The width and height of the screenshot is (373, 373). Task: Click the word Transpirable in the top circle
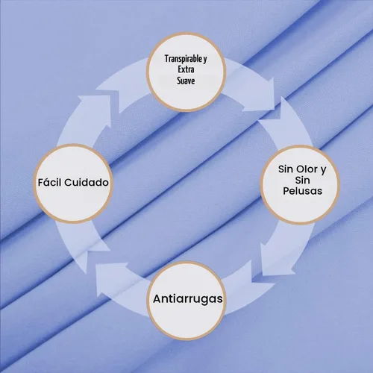point(184,59)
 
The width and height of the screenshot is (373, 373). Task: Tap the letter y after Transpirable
point(205,60)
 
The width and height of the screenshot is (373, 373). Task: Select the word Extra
point(186,69)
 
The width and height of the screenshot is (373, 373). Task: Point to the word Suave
point(186,81)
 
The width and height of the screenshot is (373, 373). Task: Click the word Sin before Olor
point(286,169)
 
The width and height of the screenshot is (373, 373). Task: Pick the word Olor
point(307,169)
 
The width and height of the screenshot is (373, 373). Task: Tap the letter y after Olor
point(323,170)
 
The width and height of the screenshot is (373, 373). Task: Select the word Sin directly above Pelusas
point(302,181)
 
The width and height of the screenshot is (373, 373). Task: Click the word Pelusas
point(303,191)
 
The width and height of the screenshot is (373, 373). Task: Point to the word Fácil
point(50,182)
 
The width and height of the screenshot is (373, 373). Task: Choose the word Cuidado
point(87,183)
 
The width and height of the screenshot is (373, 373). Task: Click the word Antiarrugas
point(188,299)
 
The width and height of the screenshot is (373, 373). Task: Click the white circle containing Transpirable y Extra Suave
point(186,72)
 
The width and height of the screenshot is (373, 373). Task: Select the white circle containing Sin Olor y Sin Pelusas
point(301,185)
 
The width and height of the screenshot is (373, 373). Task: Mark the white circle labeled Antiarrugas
point(186,301)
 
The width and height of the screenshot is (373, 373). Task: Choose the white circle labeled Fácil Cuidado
point(73,184)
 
